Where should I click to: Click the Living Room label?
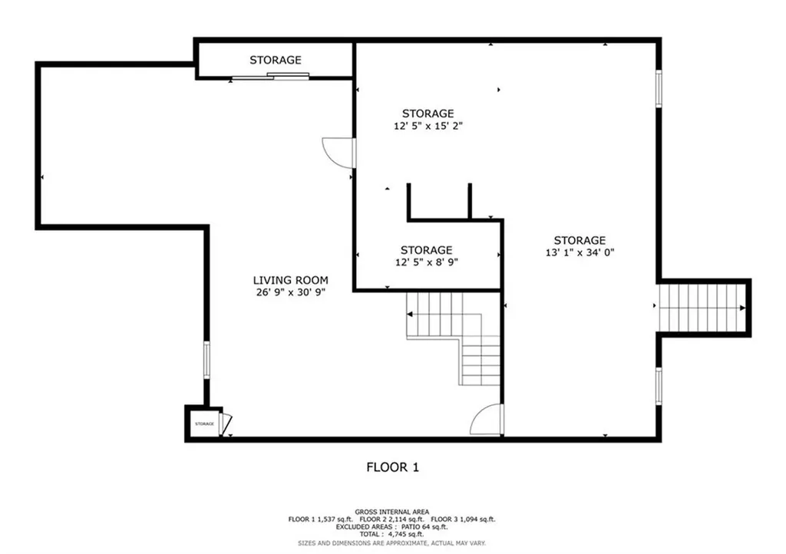click(291, 280)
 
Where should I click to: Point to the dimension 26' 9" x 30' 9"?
click(291, 292)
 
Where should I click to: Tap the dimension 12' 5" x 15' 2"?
click(428, 125)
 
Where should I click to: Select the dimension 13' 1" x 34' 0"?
click(580, 252)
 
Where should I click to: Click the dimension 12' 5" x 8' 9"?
click(426, 262)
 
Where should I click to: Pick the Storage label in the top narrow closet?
click(275, 60)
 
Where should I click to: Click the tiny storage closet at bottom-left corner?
click(203, 424)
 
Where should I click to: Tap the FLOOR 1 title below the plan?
click(392, 467)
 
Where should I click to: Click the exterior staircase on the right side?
click(702, 308)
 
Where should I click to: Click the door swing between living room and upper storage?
click(339, 153)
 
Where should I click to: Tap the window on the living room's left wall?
click(206, 359)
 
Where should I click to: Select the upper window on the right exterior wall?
click(658, 88)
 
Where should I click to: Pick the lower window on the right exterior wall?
click(658, 385)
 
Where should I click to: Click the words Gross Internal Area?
click(391, 512)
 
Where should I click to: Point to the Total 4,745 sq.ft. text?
click(391, 535)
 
